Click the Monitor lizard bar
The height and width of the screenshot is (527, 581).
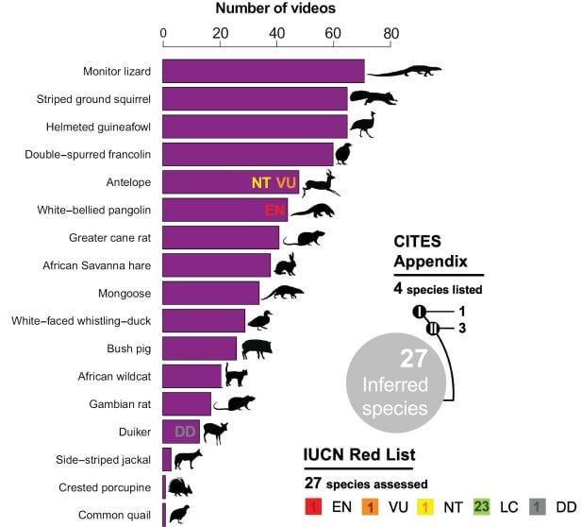tap(263, 71)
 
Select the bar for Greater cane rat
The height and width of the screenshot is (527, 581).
tap(221, 237)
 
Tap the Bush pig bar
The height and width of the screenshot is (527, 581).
tap(199, 348)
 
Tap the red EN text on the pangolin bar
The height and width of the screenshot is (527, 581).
tap(274, 210)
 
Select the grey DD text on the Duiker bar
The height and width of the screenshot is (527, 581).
tap(186, 432)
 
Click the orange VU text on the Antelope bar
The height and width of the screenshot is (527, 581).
tap(286, 182)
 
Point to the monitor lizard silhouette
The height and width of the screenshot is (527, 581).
tap(404, 71)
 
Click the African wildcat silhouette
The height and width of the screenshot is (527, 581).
tap(236, 376)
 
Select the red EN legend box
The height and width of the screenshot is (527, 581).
tap(313, 507)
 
